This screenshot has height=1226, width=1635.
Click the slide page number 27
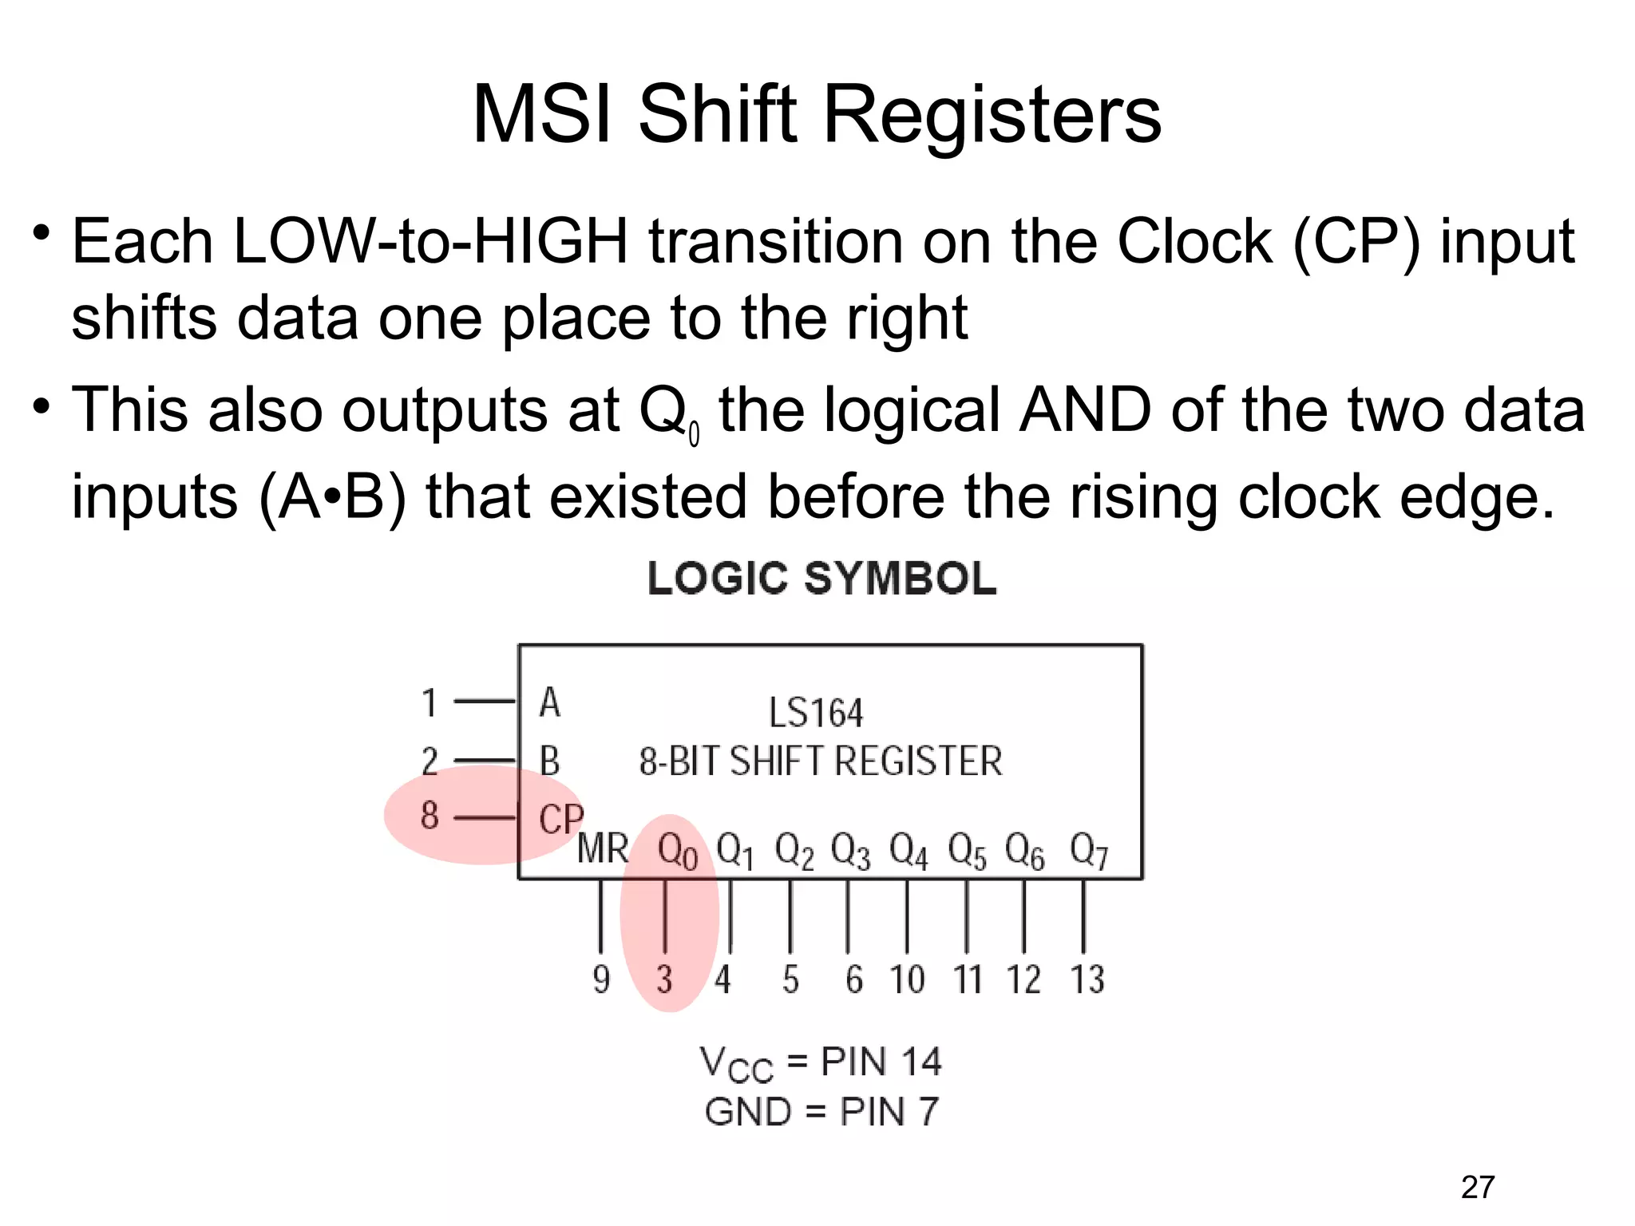[1477, 1188]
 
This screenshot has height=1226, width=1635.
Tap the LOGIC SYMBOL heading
[821, 578]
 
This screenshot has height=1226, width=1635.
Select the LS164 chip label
[815, 713]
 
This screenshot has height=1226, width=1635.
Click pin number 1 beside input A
[430, 703]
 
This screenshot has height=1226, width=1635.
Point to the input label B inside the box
[549, 761]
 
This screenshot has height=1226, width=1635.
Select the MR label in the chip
[603, 848]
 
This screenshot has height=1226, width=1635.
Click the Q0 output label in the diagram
[677, 852]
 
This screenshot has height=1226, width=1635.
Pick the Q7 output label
[1089, 852]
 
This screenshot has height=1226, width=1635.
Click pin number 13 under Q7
[1087, 979]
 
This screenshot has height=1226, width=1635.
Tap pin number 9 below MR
[601, 979]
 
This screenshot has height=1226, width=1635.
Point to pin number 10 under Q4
[908, 979]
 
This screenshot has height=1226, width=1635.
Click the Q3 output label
[850, 852]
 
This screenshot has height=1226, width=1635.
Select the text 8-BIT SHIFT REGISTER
[820, 761]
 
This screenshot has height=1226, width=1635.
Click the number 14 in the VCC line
[920, 1062]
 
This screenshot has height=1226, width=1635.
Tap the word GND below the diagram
[747, 1112]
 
